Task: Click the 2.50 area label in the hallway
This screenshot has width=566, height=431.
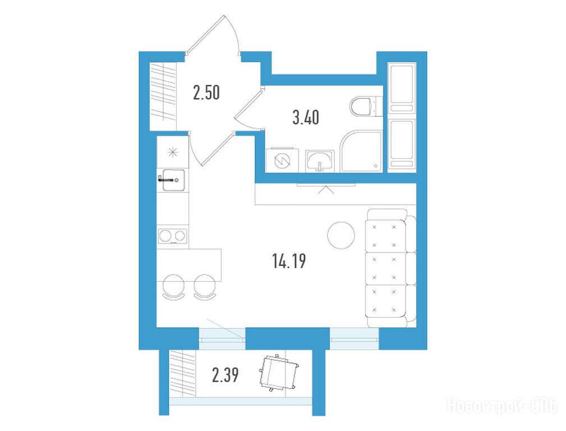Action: coord(206,93)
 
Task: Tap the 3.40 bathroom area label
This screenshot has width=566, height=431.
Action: coord(306,118)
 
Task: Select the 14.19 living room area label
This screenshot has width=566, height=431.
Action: coord(289,261)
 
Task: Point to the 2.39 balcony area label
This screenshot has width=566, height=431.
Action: coord(226,375)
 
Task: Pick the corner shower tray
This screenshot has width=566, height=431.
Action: coord(361,151)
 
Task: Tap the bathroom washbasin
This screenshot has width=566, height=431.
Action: coord(319,161)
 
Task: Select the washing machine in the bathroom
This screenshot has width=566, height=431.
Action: coord(282,160)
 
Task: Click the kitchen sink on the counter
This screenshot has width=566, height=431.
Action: coord(173,180)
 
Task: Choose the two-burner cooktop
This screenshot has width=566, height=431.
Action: coord(173,236)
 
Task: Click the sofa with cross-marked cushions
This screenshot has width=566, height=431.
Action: coord(391,268)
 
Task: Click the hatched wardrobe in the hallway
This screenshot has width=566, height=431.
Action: coord(163,91)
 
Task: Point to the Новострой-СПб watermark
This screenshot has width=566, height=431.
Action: coord(503,405)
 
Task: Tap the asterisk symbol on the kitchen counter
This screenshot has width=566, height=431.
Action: coord(173,152)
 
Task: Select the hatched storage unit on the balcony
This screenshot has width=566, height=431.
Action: coord(183,373)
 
